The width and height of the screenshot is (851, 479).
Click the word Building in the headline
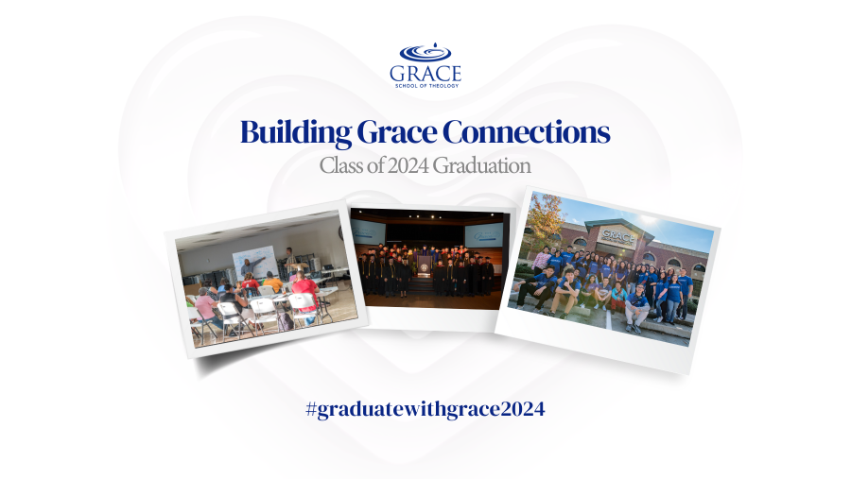click(x=296, y=132)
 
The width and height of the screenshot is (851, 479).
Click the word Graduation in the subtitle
click(x=482, y=165)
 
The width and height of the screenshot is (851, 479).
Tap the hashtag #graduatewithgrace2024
click(x=425, y=409)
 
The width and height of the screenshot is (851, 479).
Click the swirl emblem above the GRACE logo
click(x=425, y=52)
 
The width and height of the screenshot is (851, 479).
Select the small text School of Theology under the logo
click(x=426, y=86)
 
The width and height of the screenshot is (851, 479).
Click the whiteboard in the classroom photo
click(x=256, y=262)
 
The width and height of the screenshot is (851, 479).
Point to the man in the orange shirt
click(x=272, y=282)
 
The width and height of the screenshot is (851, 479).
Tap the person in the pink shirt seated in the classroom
click(x=205, y=305)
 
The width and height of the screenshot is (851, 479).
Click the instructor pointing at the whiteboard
click(x=250, y=269)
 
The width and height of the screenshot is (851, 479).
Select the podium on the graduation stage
click(x=424, y=266)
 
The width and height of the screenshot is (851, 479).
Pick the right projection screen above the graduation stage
click(x=483, y=236)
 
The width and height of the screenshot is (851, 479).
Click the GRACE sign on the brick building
click(x=618, y=236)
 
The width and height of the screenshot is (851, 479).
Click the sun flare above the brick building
click(x=651, y=220)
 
